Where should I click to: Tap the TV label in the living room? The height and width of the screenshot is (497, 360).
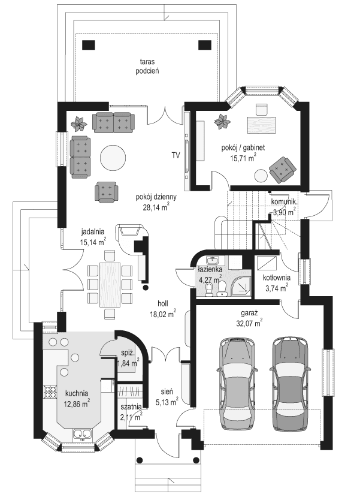176,156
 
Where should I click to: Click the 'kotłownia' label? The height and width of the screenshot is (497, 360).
277,278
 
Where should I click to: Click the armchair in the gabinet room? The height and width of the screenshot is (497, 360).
282,168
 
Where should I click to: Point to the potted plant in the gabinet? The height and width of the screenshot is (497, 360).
222,122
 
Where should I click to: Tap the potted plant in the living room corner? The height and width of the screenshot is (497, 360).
78,125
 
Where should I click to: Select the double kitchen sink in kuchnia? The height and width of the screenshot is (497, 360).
82,435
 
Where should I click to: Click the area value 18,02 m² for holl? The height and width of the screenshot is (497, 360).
163,313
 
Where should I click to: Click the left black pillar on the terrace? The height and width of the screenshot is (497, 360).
89,44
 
